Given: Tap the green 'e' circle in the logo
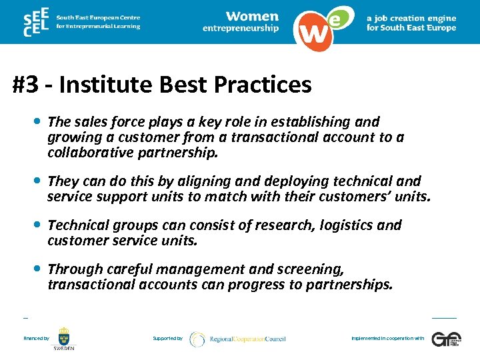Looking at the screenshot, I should (x=338, y=19).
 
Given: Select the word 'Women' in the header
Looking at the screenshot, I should (x=252, y=16).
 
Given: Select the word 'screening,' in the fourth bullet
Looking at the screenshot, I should (x=311, y=269).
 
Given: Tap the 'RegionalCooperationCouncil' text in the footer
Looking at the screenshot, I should (x=247, y=339).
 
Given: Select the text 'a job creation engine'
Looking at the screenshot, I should (x=411, y=18).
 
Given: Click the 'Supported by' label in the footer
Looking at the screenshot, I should (x=167, y=339).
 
